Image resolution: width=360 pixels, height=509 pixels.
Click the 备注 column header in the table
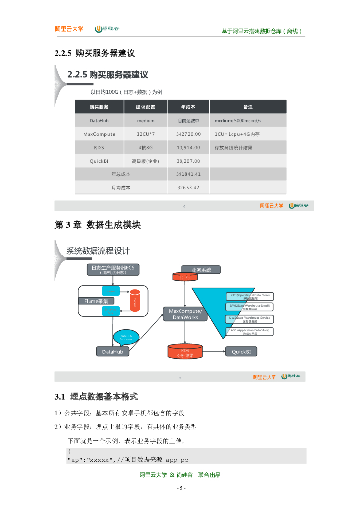click(x=248, y=107)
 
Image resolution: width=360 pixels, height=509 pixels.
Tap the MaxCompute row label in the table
click(x=99, y=134)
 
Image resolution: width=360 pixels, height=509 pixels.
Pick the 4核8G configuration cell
click(x=145, y=147)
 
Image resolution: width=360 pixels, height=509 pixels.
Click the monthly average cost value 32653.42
click(x=188, y=187)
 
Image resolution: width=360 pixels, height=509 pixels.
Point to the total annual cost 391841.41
click(x=188, y=174)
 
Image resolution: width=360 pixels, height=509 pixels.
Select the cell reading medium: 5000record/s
click(x=238, y=120)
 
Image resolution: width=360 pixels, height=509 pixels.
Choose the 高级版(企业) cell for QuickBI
click(x=145, y=161)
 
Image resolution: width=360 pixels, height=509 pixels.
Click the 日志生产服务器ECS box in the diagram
click(x=113, y=269)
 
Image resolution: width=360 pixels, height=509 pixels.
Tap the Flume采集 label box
click(x=95, y=301)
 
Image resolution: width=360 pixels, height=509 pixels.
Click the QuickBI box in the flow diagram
click(x=244, y=351)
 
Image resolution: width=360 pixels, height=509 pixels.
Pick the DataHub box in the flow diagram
click(x=112, y=351)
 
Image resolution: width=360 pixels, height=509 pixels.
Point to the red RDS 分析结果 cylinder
click(x=185, y=352)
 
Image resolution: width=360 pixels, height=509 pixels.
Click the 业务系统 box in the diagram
click(x=197, y=269)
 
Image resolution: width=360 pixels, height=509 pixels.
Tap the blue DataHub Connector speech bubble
click(x=126, y=337)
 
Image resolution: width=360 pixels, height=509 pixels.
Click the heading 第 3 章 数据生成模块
click(x=97, y=225)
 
